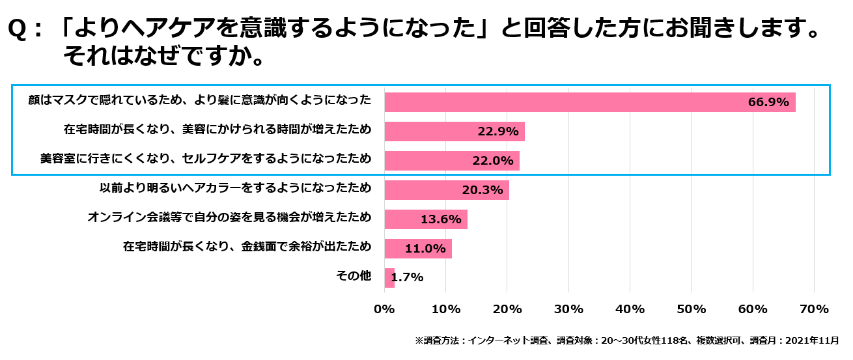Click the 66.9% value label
[768, 102]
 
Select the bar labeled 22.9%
[454, 132]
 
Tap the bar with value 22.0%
[452, 161]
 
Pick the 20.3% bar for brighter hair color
[447, 190]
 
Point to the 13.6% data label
[441, 219]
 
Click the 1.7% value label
[408, 277]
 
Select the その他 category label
[353, 276]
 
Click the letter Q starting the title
[18, 30]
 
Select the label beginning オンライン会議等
[229, 217]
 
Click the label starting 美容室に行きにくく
[206, 159]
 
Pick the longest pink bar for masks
[589, 102]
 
